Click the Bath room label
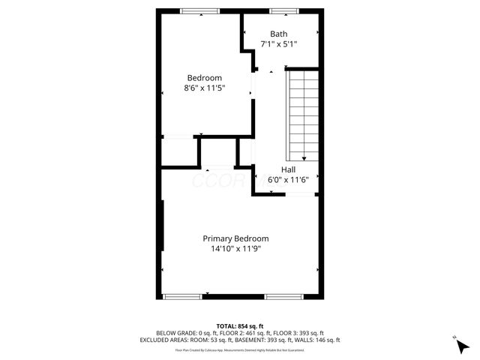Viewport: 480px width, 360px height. (279, 34)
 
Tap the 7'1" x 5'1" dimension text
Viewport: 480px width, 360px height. (279, 44)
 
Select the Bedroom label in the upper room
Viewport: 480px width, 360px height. (205, 78)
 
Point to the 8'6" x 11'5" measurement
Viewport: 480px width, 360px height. (205, 88)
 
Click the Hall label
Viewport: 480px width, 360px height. (289, 169)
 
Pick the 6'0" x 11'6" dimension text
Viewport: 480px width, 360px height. (289, 180)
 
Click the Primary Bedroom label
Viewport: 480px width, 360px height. (235, 238)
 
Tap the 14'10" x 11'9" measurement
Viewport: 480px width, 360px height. (235, 249)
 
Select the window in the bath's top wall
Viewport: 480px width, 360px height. (282, 10)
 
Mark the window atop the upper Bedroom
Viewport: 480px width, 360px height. (199, 10)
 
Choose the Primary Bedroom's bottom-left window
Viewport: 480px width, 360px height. (183, 297)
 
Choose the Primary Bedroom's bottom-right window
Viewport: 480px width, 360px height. (283, 297)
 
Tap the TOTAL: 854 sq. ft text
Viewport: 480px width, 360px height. (239, 325)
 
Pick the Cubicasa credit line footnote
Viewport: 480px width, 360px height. (239, 349)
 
